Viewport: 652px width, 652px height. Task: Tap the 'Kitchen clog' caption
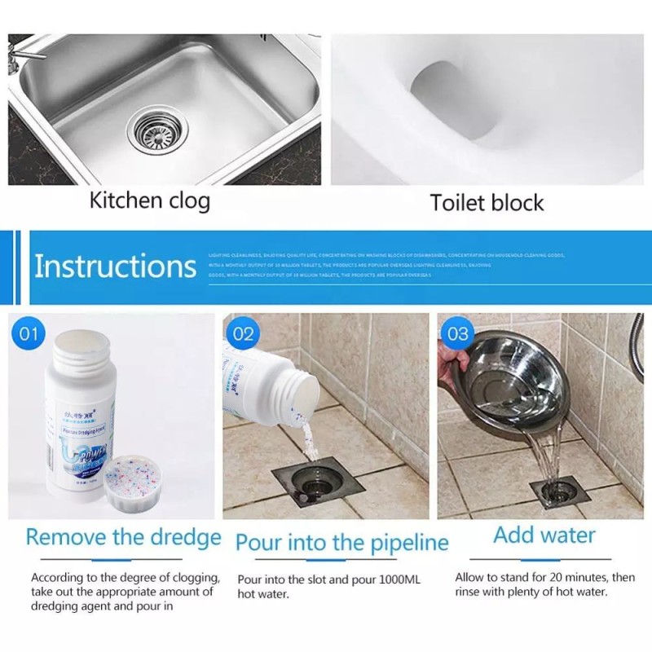point(149,200)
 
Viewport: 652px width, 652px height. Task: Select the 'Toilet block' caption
point(487,202)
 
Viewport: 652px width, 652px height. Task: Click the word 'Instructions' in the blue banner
point(115,267)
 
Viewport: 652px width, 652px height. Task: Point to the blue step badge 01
point(29,333)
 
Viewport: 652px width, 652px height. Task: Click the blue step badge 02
point(243,333)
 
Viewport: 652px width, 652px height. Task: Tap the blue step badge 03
point(458,333)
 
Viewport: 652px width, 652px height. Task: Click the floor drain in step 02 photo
point(316,486)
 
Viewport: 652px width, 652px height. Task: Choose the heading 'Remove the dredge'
point(123,537)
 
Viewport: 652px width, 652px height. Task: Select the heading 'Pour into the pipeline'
point(341,542)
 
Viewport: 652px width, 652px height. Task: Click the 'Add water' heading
point(544,535)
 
